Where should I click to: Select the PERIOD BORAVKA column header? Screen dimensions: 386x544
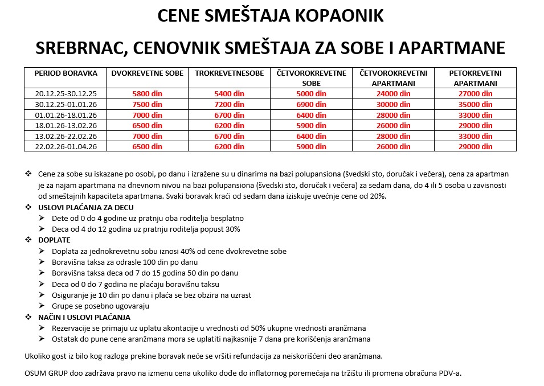click(x=66, y=73)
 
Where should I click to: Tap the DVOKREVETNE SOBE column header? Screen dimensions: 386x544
click(x=148, y=73)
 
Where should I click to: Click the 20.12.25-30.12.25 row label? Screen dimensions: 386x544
click(x=66, y=93)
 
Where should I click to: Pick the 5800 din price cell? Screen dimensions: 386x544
click(x=148, y=93)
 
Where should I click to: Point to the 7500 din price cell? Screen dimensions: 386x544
click(x=148, y=104)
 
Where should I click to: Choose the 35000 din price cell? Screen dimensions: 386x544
click(x=475, y=104)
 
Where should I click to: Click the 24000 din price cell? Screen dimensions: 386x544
click(x=394, y=93)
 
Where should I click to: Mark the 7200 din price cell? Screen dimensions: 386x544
click(x=229, y=104)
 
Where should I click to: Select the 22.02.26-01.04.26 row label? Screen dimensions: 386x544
click(x=66, y=146)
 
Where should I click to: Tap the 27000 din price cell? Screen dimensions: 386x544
click(x=475, y=93)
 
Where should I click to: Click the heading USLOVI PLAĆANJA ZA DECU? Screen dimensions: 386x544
click(x=85, y=207)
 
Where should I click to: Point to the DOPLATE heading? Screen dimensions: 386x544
click(x=54, y=240)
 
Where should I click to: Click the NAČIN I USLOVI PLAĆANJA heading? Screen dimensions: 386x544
click(x=84, y=317)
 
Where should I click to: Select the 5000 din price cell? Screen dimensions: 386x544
click(x=312, y=93)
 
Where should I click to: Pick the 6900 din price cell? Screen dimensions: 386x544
click(x=312, y=104)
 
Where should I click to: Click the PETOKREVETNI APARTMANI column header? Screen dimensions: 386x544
click(x=475, y=78)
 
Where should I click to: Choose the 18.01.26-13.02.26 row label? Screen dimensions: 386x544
click(x=66, y=125)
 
